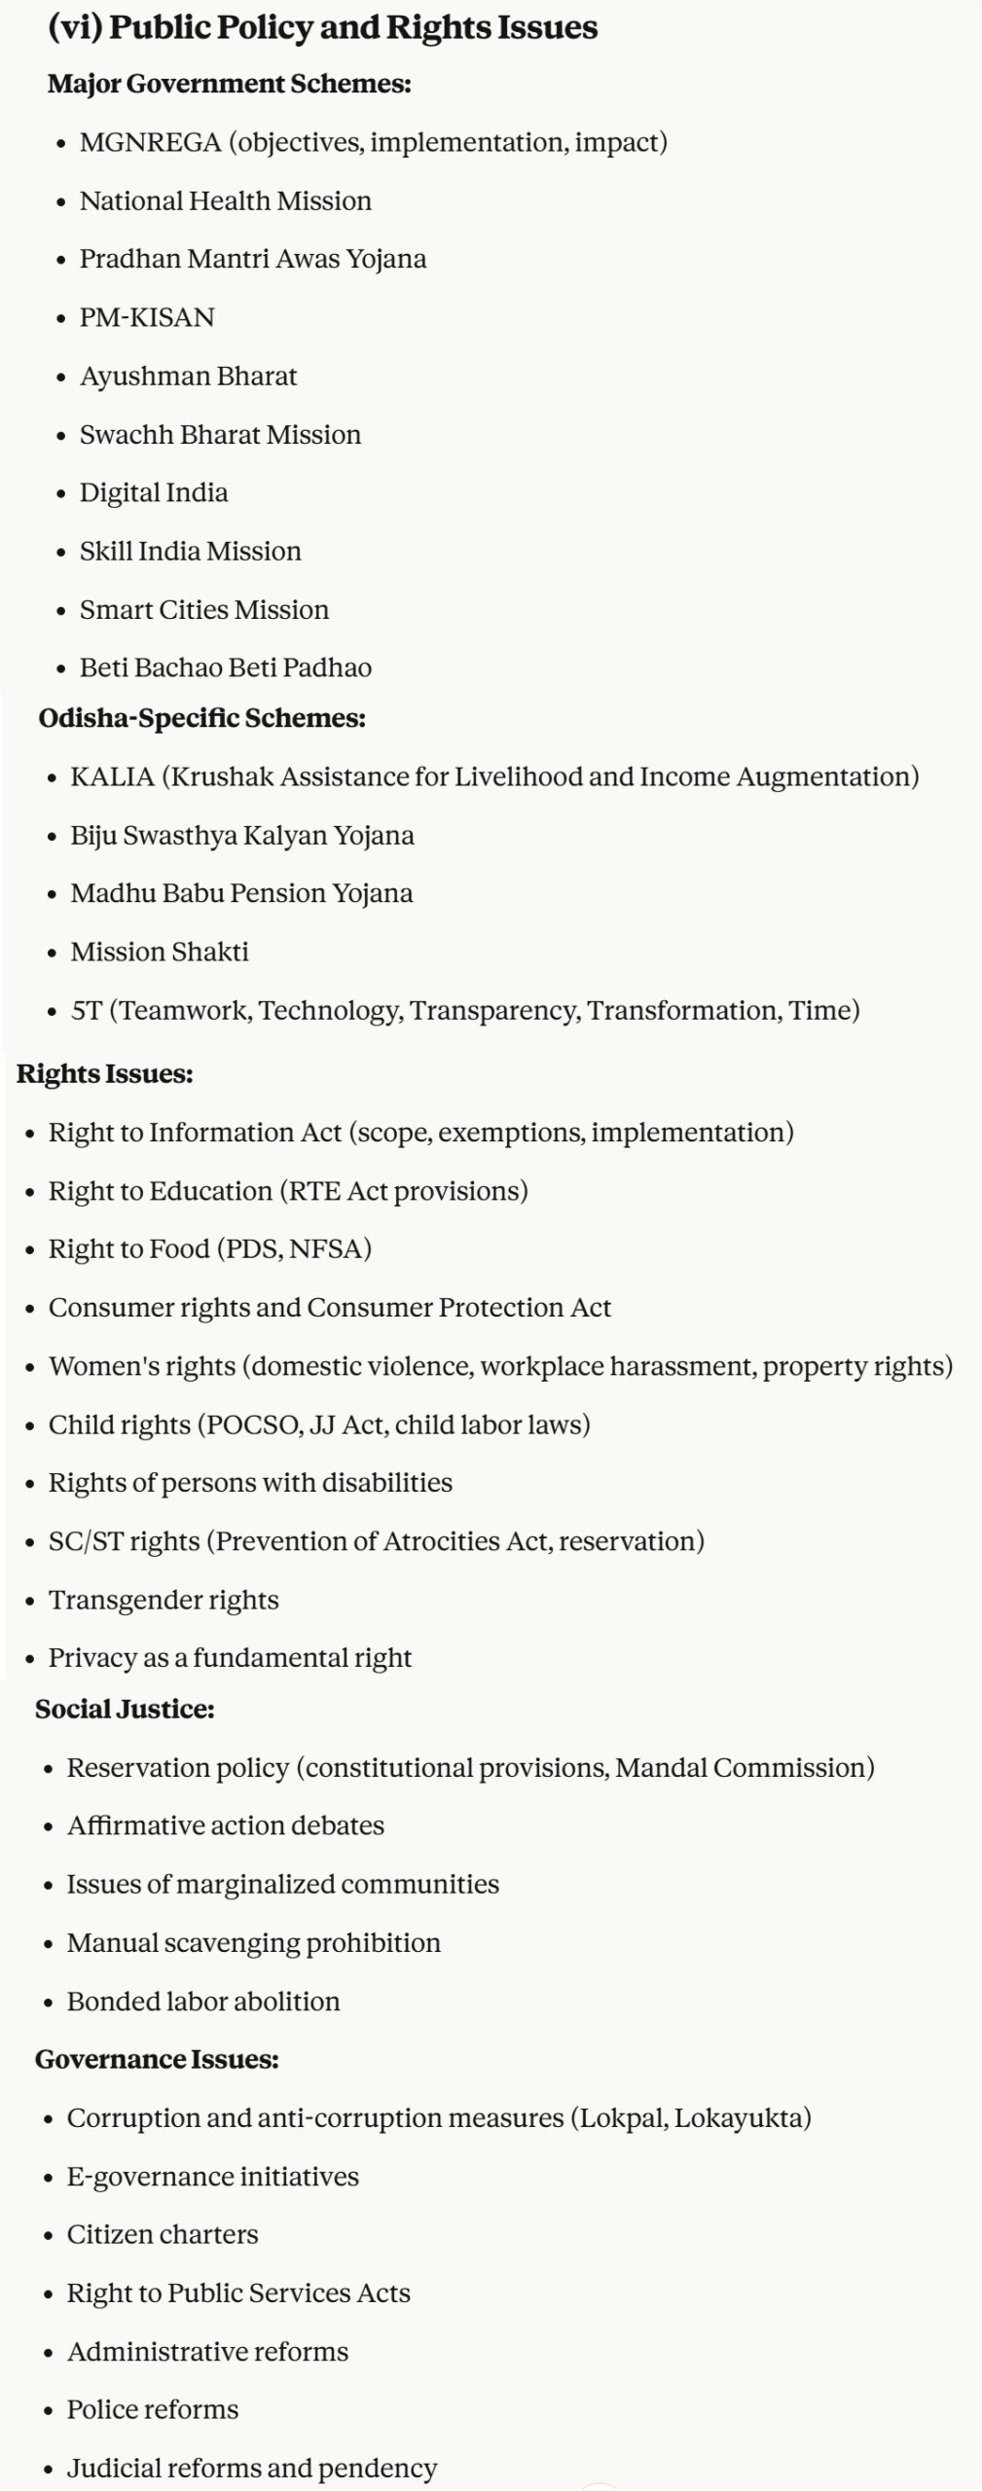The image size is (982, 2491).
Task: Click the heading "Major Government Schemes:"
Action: [x=229, y=85]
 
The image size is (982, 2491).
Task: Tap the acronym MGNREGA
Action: [x=150, y=143]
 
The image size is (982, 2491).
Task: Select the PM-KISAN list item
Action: [x=147, y=318]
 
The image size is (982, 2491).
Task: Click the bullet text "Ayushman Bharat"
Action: [x=188, y=377]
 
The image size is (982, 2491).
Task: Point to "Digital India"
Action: [x=154, y=493]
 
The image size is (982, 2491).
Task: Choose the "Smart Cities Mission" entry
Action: [x=204, y=610]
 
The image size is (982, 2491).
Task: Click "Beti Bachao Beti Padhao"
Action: [x=226, y=668]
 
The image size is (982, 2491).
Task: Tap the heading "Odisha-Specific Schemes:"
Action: [x=201, y=719]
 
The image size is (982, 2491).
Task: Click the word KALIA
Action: [x=112, y=777]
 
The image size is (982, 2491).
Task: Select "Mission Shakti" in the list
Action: [x=160, y=953]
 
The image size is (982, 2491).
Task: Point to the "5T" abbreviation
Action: [x=86, y=1011]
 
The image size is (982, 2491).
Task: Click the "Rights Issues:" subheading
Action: [x=104, y=1074]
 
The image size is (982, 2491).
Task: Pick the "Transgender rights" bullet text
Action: [x=164, y=1601]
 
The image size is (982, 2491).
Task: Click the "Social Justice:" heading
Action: [x=125, y=1710]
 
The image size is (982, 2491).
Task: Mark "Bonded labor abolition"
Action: [x=203, y=2002]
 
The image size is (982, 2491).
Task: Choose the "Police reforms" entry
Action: [x=153, y=2410]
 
